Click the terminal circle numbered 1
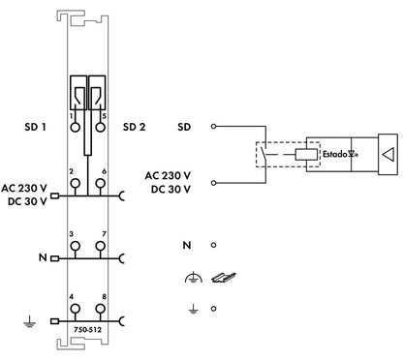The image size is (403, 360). [x=75, y=127]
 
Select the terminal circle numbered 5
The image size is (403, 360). [x=101, y=127]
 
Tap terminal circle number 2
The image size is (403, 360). [x=75, y=183]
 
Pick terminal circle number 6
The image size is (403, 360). [x=101, y=183]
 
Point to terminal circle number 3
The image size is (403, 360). [x=75, y=246]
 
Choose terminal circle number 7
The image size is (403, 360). [x=101, y=246]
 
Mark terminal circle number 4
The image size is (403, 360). [x=75, y=309]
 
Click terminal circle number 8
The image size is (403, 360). [x=101, y=309]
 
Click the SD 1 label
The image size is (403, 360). [x=35, y=127]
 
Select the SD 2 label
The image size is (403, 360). [x=134, y=127]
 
